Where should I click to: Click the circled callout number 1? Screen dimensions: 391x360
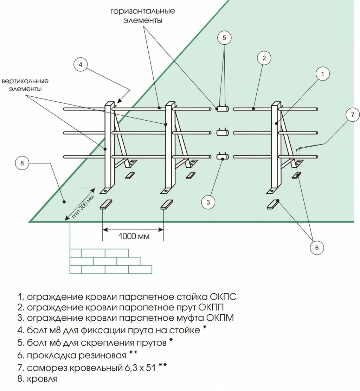tap(322, 74)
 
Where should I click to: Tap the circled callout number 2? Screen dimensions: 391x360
tap(264, 58)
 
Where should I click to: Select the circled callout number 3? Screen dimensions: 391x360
tap(208, 202)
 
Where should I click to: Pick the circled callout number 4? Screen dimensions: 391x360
tap(81, 64)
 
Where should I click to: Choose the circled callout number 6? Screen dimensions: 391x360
tap(316, 248)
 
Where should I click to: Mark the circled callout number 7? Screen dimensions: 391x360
tap(352, 115)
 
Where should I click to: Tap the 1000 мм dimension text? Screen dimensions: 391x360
tap(134, 236)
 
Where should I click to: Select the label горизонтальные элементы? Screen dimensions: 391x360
tap(142, 16)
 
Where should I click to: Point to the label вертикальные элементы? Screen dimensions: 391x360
tap(25, 85)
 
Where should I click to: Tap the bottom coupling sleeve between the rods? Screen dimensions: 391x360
tap(223, 156)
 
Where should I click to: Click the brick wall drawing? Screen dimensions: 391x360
tap(111, 261)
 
